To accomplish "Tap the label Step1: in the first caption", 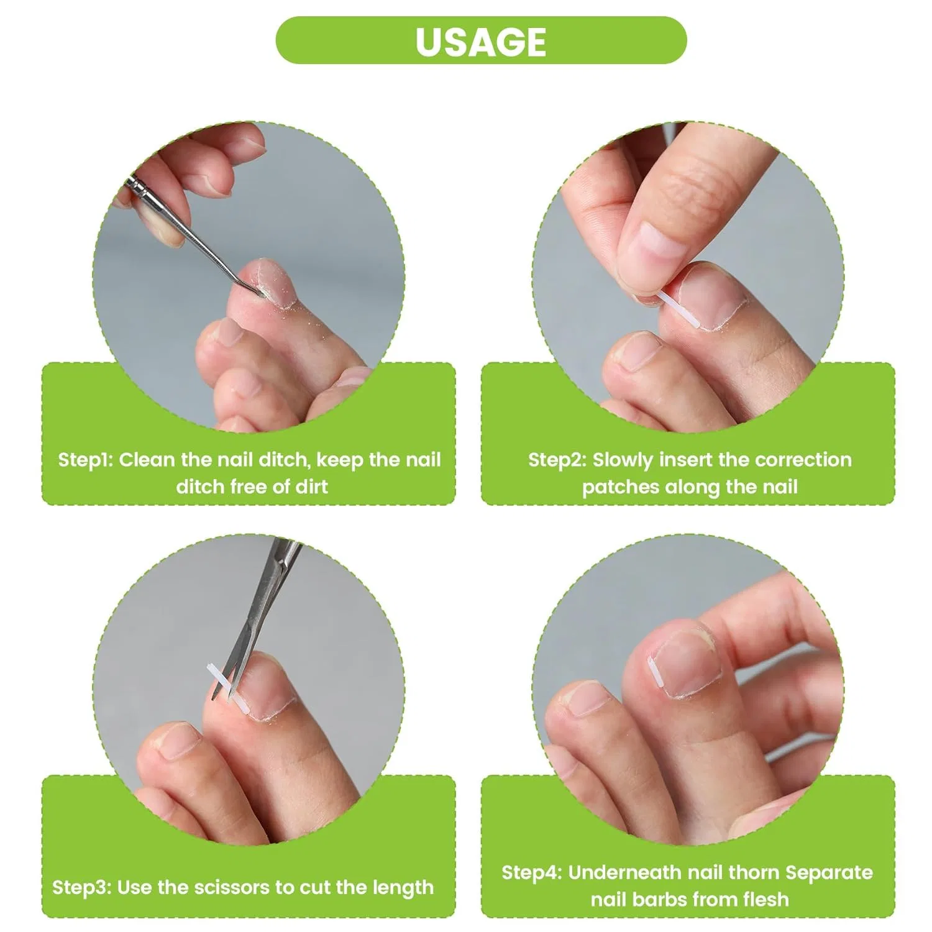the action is (x=85, y=460).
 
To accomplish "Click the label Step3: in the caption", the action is (x=81, y=887).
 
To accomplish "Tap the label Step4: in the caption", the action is (x=531, y=872).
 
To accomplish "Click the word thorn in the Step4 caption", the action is (x=753, y=872).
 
